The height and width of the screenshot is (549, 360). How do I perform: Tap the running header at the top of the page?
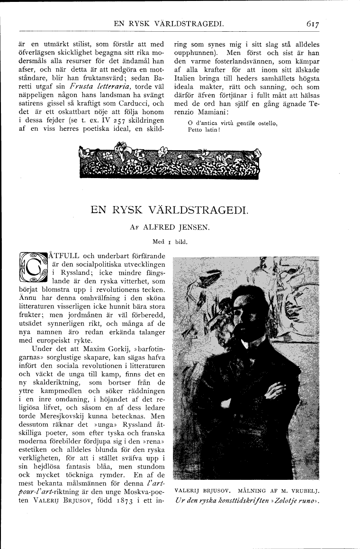pyautogui.click(x=166, y=23)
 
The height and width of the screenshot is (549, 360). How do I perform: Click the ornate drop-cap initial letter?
pyautogui.click(x=32, y=269)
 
